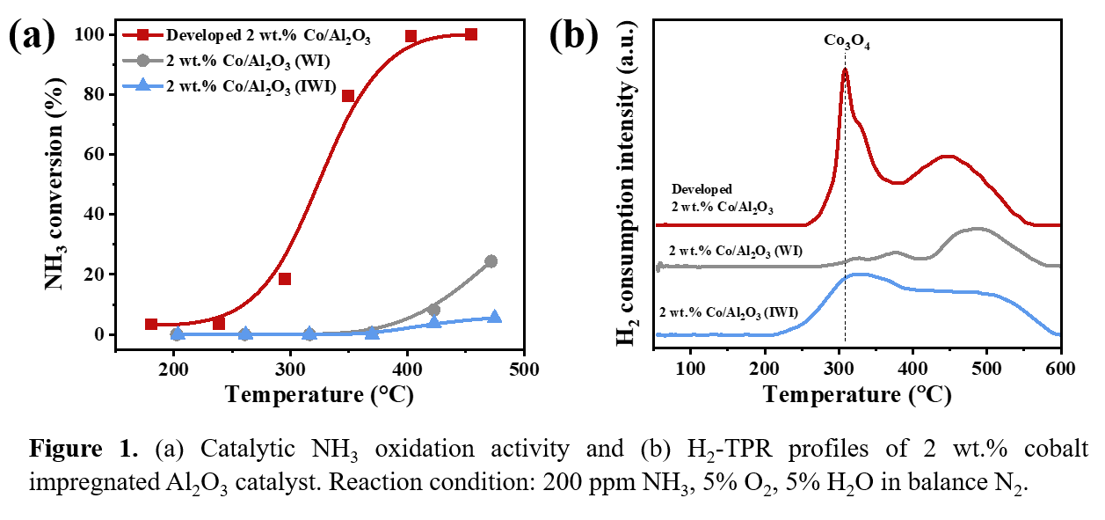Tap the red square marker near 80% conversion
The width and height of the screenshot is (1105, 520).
pos(348,96)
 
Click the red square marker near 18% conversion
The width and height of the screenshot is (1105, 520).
pos(285,279)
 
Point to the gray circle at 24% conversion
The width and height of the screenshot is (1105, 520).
pos(491,261)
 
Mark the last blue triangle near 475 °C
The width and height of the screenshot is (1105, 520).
pos(494,317)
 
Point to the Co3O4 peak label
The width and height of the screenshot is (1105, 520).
pos(847,41)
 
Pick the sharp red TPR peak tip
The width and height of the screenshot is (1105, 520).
pos(845,70)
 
